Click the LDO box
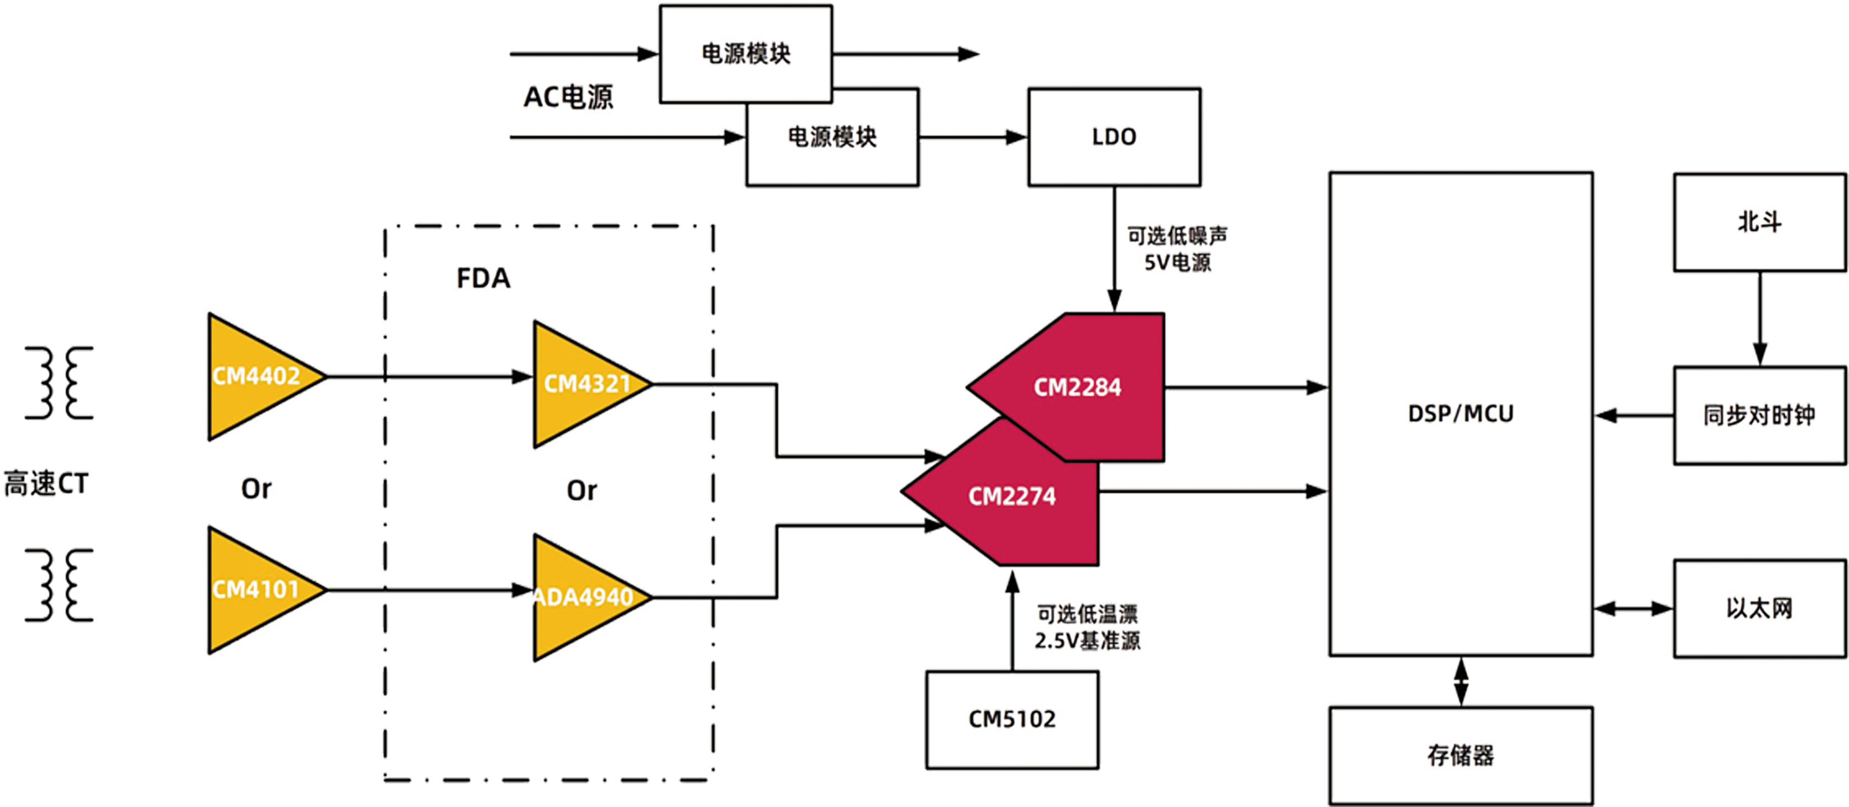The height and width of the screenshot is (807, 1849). click(x=1114, y=137)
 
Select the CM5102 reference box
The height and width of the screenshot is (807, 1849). click(x=1012, y=720)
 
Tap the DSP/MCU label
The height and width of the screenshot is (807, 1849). click(x=1461, y=413)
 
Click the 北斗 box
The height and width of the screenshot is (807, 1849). click(x=1759, y=222)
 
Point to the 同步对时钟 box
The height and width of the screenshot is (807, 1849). click(x=1759, y=415)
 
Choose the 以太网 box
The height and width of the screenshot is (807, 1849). click(x=1759, y=608)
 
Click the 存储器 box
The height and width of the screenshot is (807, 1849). click(x=1461, y=756)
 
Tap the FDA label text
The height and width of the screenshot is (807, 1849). click(x=483, y=278)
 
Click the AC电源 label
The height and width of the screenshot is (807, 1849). click(x=569, y=97)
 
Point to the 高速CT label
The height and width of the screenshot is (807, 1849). click(x=46, y=483)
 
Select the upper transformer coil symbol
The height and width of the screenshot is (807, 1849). click(x=59, y=382)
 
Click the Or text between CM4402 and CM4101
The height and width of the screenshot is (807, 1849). click(x=256, y=489)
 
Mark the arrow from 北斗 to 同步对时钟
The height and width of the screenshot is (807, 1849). click(x=1759, y=319)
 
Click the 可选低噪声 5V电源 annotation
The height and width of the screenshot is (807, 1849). click(x=1177, y=249)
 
